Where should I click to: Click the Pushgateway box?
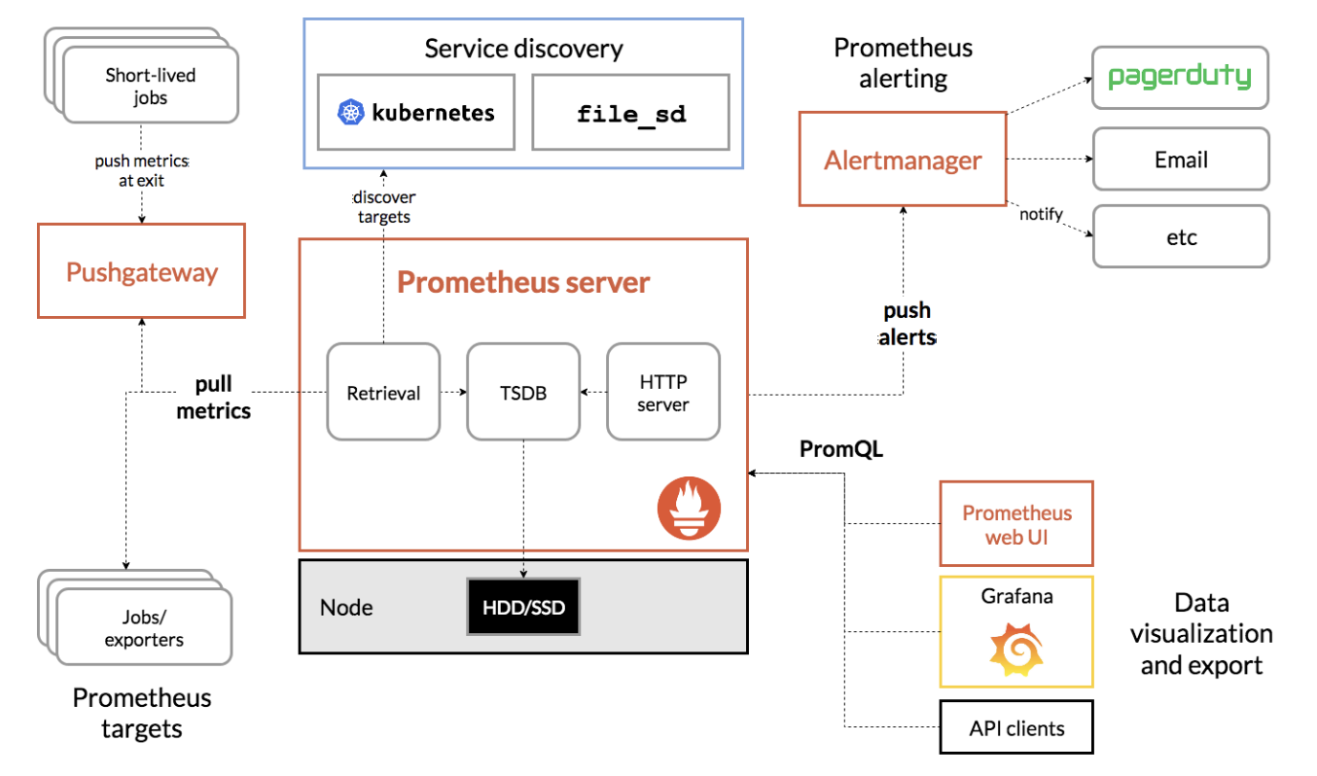141,271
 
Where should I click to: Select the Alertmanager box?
903,159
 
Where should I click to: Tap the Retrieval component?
383,392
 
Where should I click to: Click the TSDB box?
523,392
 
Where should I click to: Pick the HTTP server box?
663,392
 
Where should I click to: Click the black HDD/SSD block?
523,608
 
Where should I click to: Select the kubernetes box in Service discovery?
416,113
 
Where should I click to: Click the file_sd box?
630,113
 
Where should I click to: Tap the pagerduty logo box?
1180,77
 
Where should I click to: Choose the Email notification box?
1180,159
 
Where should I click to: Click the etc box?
1180,236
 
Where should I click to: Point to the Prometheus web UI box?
1016,523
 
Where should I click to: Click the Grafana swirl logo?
1015,650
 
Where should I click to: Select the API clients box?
1016,727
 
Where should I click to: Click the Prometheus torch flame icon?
689,509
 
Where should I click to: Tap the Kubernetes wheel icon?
349,113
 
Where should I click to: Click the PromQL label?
841,448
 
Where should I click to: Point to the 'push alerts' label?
907,324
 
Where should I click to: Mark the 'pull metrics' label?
214,398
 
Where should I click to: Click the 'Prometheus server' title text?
523,283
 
